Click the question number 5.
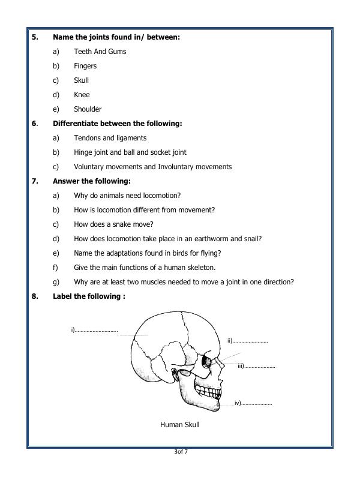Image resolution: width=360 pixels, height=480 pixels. point(35,37)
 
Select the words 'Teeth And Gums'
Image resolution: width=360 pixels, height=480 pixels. point(100,52)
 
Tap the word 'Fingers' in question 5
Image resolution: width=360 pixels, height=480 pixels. point(85,66)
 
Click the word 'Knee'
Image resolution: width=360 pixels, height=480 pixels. point(82,95)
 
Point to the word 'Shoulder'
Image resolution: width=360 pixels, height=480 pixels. point(88,109)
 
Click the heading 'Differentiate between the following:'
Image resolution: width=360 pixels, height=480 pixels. point(117,124)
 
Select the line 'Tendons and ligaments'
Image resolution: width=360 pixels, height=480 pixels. point(110,138)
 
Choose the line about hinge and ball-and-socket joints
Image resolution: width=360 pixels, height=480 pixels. point(130,152)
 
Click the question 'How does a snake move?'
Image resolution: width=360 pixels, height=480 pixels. point(113,224)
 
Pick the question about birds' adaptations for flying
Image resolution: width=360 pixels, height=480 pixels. point(147,253)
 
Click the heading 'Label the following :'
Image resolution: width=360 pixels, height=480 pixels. point(89,296)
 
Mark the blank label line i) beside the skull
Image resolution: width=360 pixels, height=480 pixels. point(96,330)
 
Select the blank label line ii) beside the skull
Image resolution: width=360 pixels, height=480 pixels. point(249,341)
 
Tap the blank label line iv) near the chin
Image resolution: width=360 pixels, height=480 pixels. point(256,403)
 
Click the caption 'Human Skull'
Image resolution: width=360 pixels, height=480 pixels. point(179,425)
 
